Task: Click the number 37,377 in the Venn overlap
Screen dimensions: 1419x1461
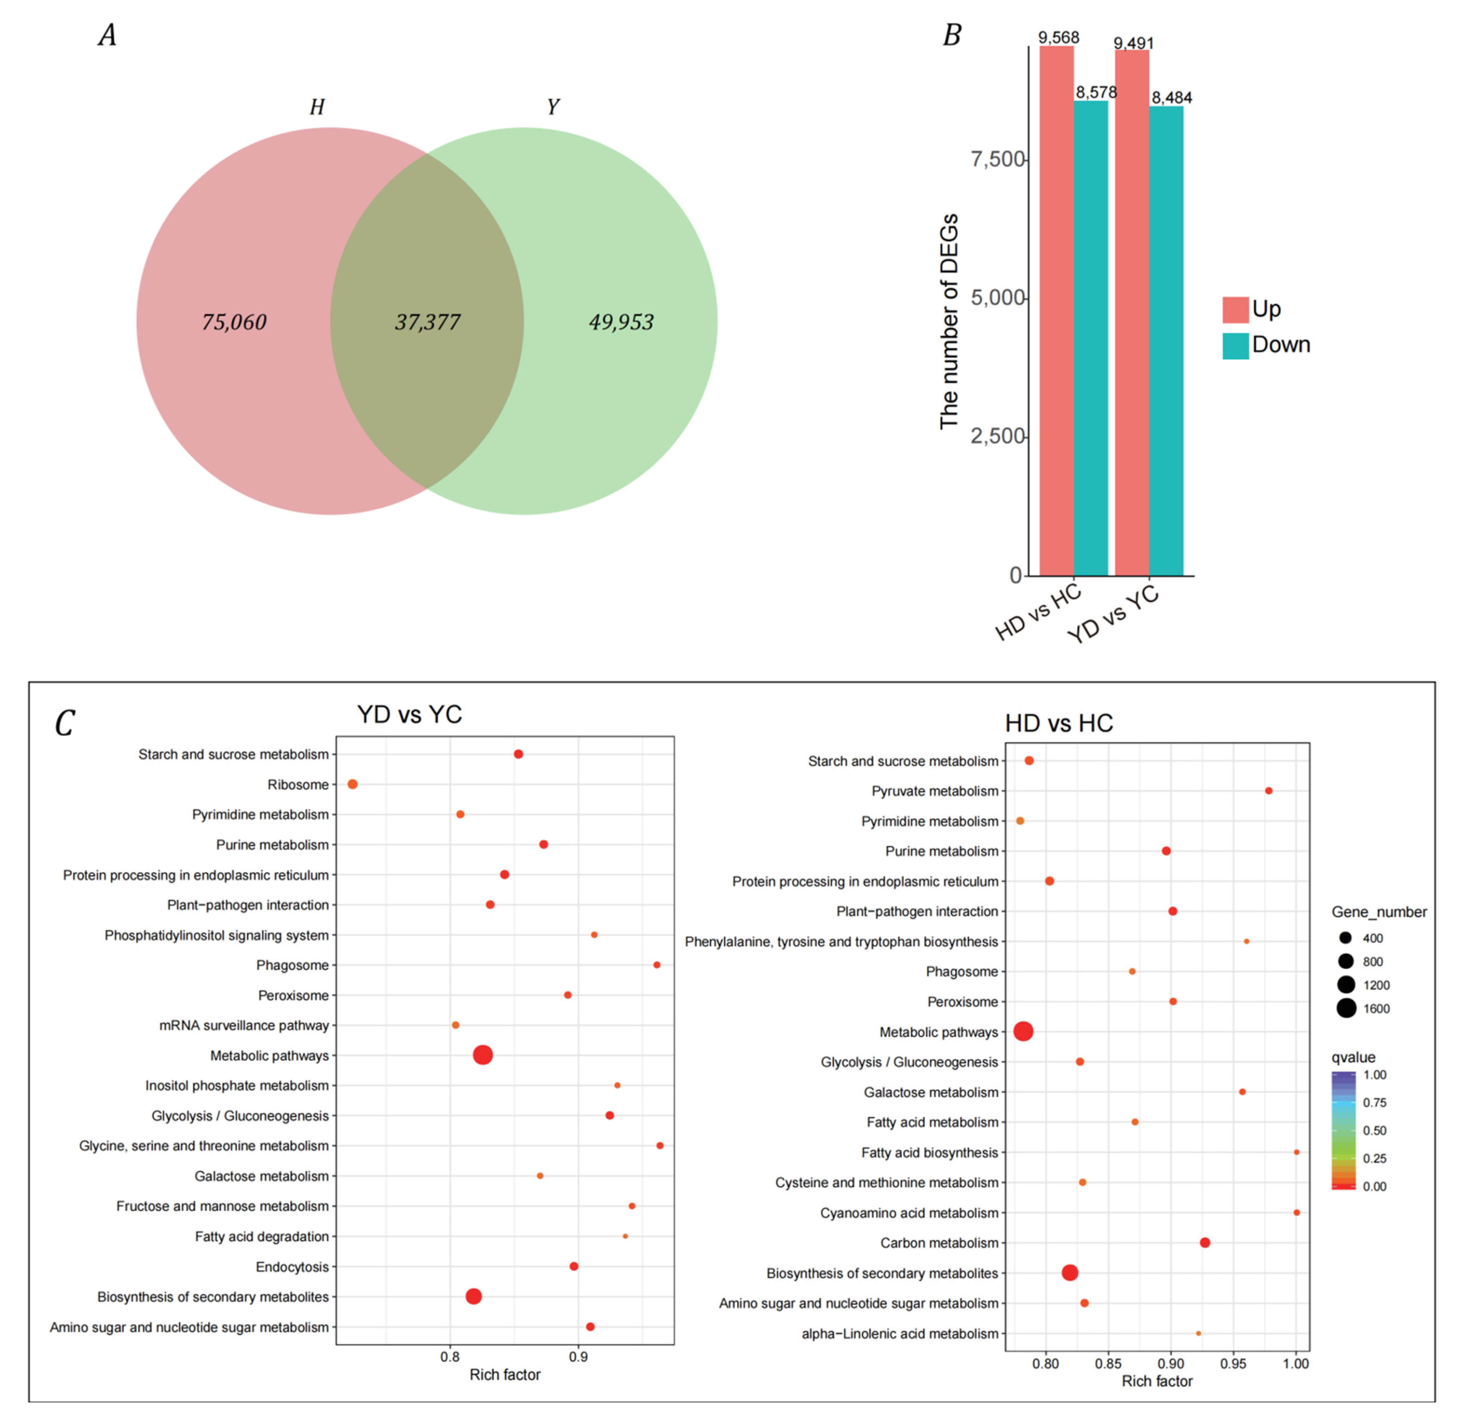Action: (427, 322)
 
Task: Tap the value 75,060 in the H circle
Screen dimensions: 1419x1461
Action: (234, 322)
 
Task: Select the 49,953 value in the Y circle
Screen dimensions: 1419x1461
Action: (621, 322)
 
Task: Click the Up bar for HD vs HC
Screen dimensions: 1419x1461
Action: (1056, 313)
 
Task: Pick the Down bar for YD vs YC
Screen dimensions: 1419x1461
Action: (1166, 343)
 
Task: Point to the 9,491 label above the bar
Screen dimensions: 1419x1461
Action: (1133, 43)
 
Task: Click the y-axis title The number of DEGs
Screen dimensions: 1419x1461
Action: (948, 322)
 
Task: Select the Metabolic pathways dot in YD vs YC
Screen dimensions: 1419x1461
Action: (483, 1055)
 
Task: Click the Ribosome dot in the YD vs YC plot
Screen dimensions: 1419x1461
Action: (352, 784)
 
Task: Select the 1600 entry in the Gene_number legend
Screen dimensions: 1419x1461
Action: (1376, 1009)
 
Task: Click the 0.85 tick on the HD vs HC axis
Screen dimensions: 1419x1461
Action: (1109, 1364)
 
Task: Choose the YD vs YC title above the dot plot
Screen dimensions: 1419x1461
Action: (409, 714)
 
